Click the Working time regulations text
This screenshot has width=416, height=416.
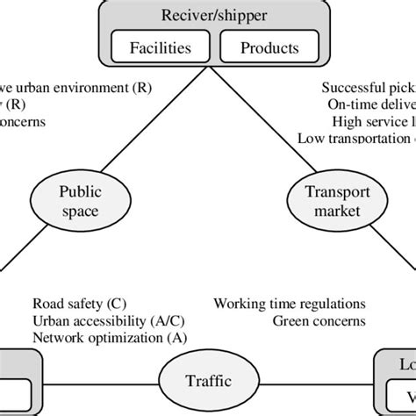[x=289, y=305]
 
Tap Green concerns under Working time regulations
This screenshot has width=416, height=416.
[x=319, y=321]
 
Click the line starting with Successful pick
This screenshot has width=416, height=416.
[x=368, y=88]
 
